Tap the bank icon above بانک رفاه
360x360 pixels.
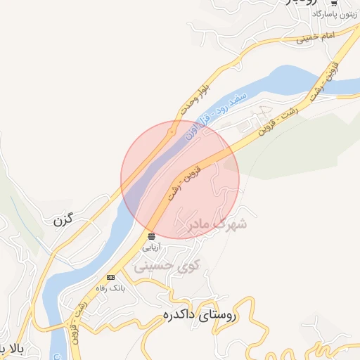click(110, 278)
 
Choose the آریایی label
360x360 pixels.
click(152, 247)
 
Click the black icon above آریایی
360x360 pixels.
click(152, 236)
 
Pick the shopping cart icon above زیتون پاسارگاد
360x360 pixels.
click(333, 4)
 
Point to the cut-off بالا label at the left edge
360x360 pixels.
click(10, 348)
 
